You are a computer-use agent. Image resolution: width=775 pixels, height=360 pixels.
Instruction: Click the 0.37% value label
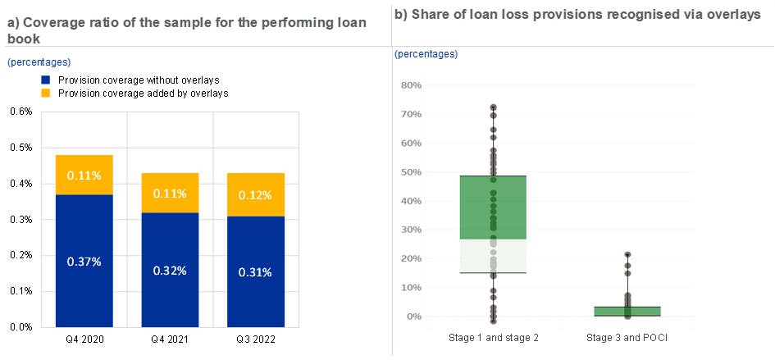(84, 262)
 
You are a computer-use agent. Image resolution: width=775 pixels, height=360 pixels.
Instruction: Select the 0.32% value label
(170, 271)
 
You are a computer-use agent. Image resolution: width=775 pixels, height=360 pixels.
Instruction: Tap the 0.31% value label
(255, 272)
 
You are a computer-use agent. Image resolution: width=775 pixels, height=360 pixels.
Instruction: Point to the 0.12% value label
(255, 196)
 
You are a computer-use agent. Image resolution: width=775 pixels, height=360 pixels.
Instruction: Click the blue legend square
(45, 80)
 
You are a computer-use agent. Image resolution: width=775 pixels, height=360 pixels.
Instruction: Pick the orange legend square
(45, 93)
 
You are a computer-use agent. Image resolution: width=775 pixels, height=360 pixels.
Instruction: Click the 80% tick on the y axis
(411, 85)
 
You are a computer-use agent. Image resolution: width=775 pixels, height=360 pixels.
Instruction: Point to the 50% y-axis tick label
(411, 172)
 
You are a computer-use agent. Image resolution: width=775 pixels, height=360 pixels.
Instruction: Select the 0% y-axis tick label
(414, 317)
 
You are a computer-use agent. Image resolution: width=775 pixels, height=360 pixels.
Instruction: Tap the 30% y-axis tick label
(411, 230)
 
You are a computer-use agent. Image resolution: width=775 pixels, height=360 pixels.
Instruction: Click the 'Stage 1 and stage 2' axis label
(494, 338)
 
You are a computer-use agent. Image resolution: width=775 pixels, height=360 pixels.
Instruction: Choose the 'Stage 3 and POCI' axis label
(627, 338)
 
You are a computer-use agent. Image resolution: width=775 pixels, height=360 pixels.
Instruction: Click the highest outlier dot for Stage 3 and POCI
(627, 255)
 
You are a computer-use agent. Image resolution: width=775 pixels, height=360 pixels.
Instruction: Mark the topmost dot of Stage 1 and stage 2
(494, 107)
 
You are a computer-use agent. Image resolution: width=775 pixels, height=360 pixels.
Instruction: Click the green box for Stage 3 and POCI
(627, 311)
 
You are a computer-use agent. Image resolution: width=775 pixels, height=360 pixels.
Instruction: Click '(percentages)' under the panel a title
(39, 62)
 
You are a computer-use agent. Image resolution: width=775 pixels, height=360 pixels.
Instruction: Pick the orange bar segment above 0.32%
(170, 193)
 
